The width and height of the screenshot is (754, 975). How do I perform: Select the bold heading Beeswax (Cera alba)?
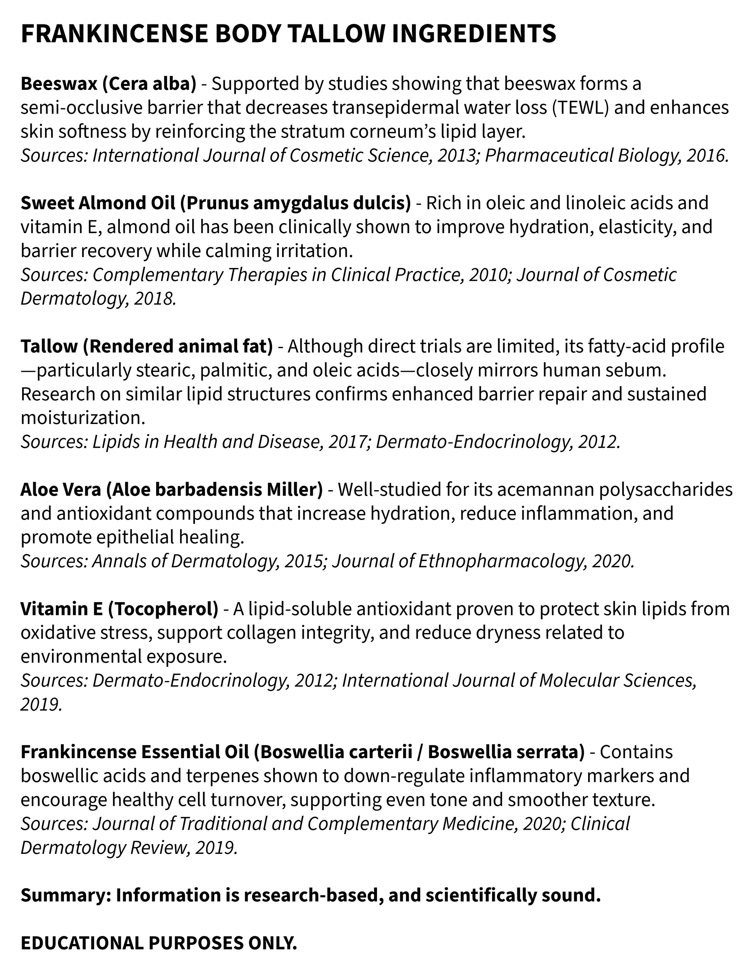[x=108, y=84]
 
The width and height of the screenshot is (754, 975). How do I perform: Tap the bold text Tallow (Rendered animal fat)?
[x=146, y=347]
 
